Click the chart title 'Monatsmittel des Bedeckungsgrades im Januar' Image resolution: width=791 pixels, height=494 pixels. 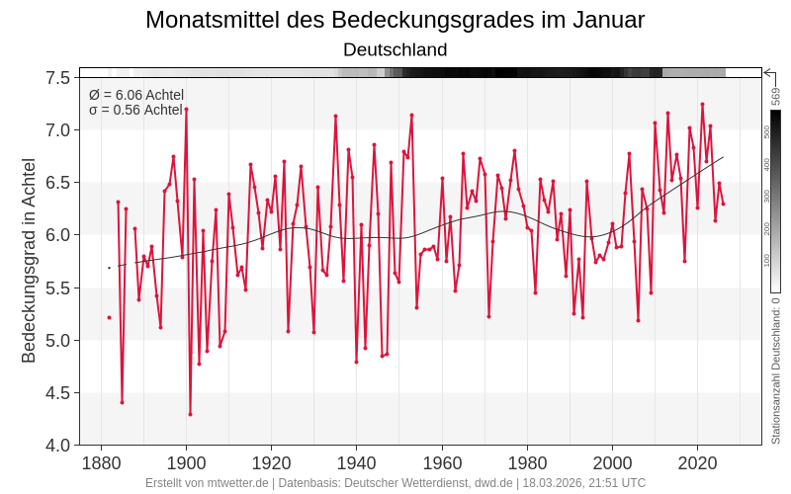pos(395,20)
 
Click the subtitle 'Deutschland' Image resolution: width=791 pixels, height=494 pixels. pos(395,49)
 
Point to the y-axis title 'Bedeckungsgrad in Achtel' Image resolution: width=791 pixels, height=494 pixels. pos(29,260)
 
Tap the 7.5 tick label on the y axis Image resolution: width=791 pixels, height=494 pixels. pos(57,78)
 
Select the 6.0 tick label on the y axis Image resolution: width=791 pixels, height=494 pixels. pos(57,235)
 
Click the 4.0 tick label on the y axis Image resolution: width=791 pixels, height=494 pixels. pos(57,446)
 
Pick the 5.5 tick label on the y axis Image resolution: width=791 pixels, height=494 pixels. pos(57,288)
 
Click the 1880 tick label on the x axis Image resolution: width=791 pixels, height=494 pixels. pos(101,463)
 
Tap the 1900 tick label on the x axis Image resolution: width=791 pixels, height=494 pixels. pos(186,463)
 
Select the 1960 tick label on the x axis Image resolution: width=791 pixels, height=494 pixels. pos(442,463)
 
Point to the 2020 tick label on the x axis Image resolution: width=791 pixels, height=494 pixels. pos(698,463)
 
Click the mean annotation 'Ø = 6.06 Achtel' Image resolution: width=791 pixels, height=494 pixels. pos(136,95)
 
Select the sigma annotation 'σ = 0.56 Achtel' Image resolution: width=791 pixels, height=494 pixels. pos(135,110)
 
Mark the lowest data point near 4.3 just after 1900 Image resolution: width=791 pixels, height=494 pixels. pos(190,414)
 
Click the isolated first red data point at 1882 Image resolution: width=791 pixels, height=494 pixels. pos(109,317)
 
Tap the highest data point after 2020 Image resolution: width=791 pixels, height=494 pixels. pos(702,104)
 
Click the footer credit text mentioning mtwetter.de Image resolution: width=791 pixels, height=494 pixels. pos(395,483)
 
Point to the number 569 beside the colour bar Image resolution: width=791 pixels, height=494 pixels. pos(776,96)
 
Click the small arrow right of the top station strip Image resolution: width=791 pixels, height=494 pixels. pos(768,72)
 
